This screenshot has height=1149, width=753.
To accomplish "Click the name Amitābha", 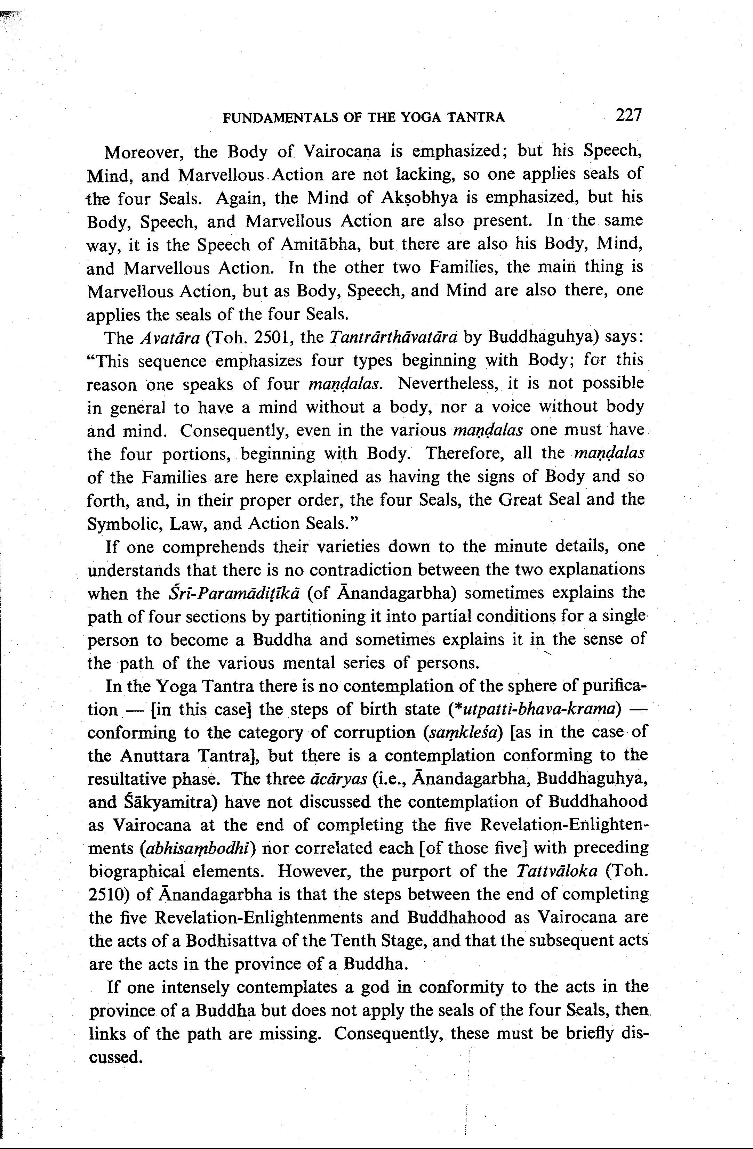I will tap(320, 245).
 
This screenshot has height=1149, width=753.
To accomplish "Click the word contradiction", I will tap(361, 570).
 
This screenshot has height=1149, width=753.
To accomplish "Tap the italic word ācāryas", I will tap(339, 779).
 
